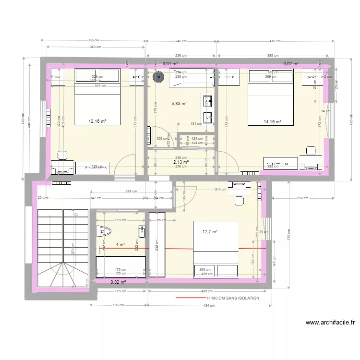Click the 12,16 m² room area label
[97, 121]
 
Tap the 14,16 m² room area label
[272, 122]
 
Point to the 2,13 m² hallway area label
[180, 162]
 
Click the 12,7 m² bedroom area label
[210, 232]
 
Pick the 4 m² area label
[120, 245]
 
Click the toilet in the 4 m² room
[103, 231]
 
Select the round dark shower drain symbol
[157, 75]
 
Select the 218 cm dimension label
[302, 198]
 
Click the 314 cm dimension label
[220, 190]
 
